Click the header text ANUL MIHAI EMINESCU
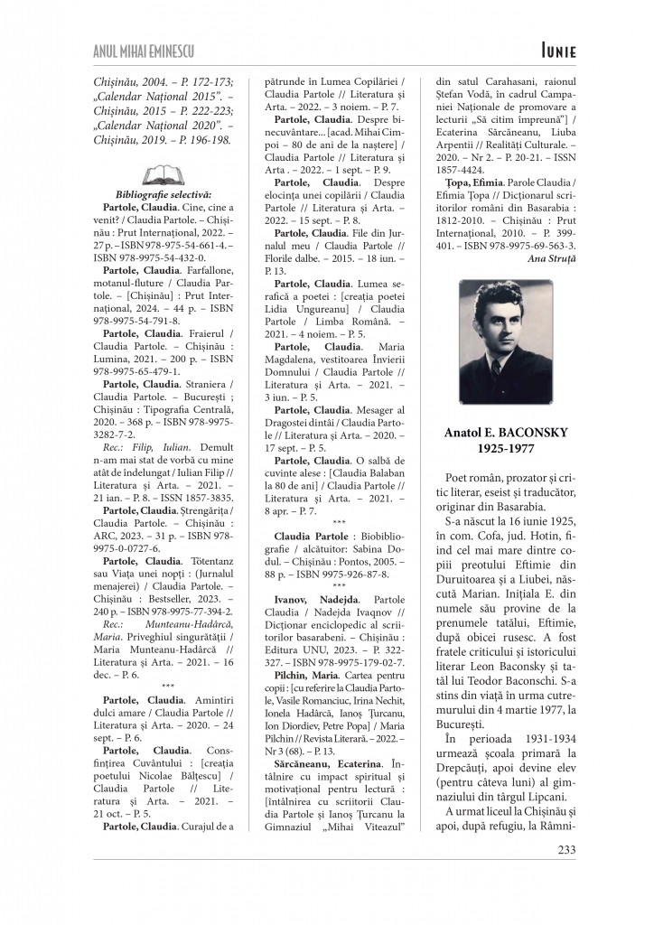point(145,50)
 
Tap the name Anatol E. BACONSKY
point(506,433)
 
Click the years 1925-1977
point(506,448)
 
